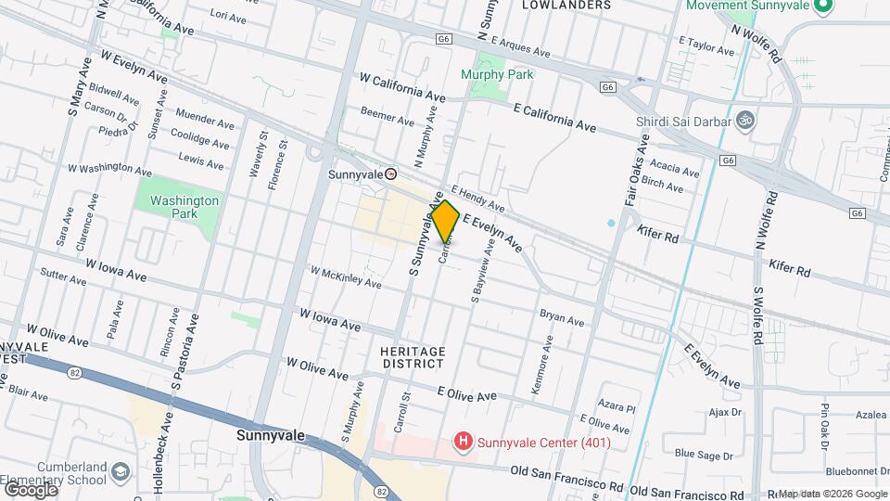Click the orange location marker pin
point(445,222)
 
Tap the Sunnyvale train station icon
point(391,173)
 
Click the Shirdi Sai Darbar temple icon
point(743,120)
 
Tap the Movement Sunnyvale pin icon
point(820,6)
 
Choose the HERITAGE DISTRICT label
point(413,357)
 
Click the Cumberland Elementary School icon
point(120,473)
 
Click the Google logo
point(30,489)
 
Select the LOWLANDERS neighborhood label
point(566,6)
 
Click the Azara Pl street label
point(617,406)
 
